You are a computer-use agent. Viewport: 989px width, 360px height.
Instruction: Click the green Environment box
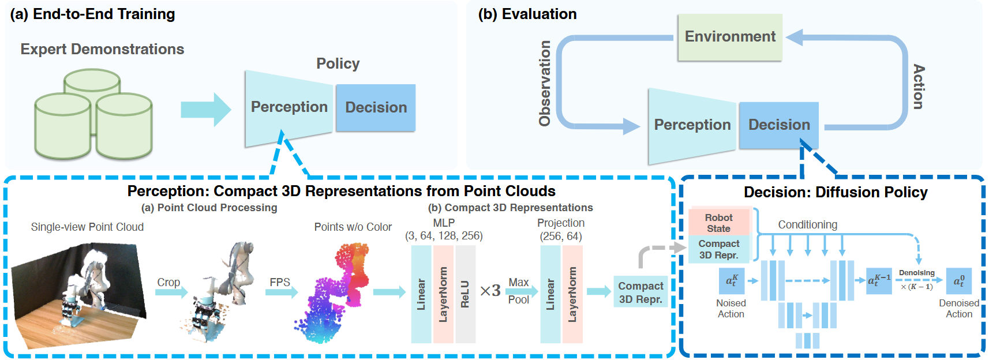(729, 37)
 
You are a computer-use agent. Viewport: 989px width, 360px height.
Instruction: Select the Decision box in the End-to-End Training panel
(376, 108)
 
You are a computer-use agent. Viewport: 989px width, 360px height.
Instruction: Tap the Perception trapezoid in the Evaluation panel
(692, 125)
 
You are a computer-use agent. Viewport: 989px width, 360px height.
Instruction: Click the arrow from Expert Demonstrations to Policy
(205, 110)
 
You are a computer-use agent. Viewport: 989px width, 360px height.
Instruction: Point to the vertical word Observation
(545, 83)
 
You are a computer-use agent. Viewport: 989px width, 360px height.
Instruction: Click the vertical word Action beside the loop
(918, 87)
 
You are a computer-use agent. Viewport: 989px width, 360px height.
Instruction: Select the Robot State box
(718, 223)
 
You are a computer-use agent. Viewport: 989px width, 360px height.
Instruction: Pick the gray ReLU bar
(465, 294)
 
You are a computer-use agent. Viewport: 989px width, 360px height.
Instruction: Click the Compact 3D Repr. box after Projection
(640, 292)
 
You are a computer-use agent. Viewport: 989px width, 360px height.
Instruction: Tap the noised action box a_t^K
(731, 281)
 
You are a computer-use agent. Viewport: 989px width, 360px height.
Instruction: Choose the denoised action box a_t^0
(958, 281)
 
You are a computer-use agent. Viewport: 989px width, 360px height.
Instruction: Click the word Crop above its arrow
(168, 282)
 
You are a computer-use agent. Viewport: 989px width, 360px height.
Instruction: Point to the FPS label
(280, 282)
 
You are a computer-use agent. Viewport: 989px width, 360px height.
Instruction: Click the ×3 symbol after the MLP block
(490, 291)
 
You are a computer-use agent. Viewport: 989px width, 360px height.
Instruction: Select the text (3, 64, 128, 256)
(444, 236)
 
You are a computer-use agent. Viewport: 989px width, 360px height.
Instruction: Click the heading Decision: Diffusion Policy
(835, 192)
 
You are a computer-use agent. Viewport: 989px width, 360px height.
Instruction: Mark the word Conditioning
(807, 224)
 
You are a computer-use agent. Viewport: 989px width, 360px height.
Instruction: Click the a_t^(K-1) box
(879, 281)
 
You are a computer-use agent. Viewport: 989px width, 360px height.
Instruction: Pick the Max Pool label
(518, 291)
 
